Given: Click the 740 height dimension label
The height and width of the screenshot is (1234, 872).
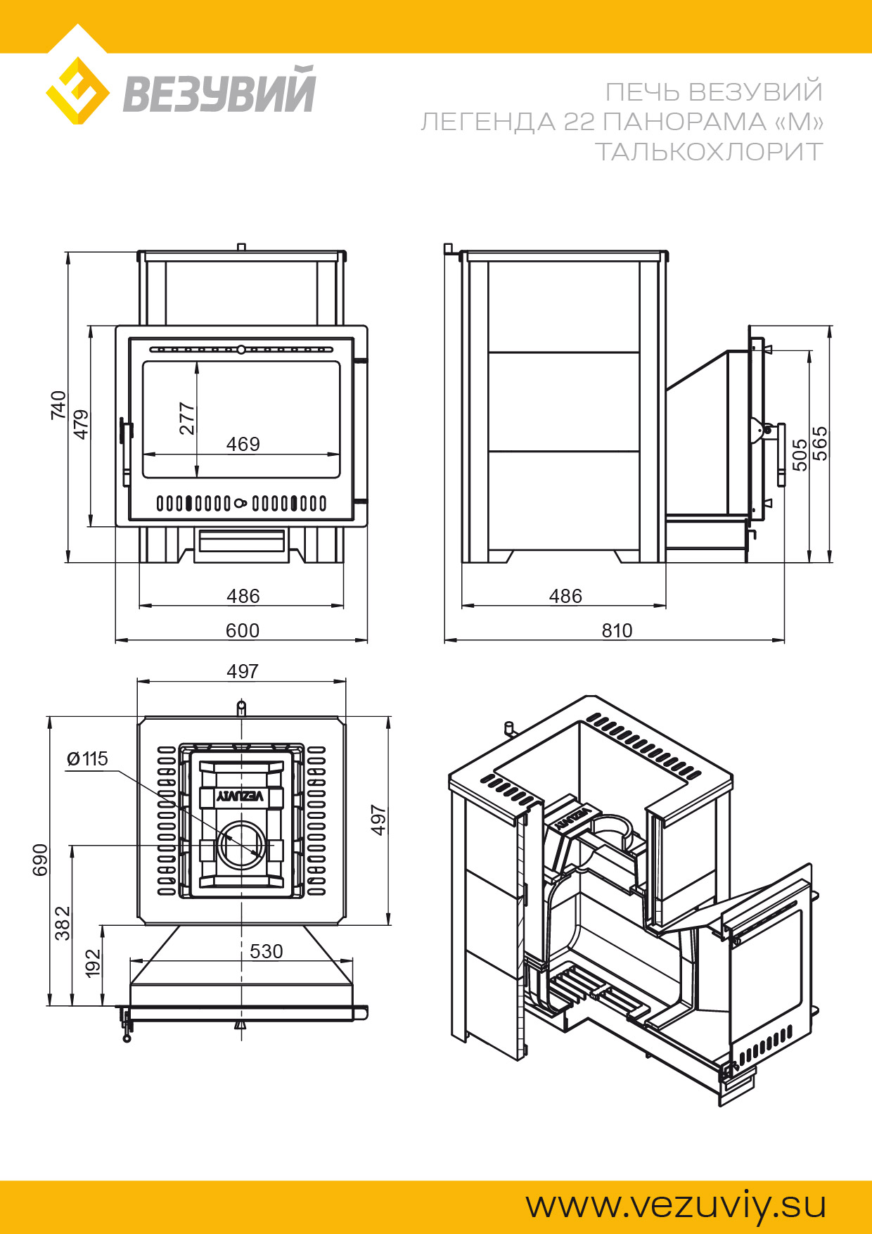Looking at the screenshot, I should point(58,406).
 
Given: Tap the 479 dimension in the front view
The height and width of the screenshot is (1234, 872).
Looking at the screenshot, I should point(82,424).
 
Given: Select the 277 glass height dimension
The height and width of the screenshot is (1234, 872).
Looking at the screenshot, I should point(186,419).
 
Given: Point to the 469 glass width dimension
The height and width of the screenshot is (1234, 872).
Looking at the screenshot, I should point(243,445).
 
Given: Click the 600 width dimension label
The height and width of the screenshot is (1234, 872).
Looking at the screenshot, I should point(242,630).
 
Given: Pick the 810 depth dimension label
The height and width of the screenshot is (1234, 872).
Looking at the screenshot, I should point(617,630).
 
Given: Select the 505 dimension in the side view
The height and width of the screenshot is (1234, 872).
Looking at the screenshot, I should point(800,454).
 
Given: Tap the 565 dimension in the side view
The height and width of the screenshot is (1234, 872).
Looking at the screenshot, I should point(820,443).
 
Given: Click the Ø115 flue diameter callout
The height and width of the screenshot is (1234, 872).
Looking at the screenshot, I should point(87,759).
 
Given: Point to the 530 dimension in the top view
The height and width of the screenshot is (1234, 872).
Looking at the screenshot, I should point(266,952).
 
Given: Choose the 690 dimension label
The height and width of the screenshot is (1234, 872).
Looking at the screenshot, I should point(41,860).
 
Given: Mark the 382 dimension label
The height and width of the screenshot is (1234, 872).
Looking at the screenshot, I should point(63,923).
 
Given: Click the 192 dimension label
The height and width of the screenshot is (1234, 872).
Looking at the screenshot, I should point(93,963).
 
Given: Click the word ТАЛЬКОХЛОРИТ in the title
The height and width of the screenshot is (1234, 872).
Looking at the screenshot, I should point(708,152).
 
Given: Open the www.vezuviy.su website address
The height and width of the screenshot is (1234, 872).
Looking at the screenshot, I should point(676,1206).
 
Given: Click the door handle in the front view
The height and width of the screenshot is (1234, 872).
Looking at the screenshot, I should point(125,450).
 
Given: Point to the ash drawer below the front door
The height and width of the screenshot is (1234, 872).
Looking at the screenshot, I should point(241,542).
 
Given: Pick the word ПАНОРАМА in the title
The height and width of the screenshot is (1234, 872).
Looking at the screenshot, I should point(684,122).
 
